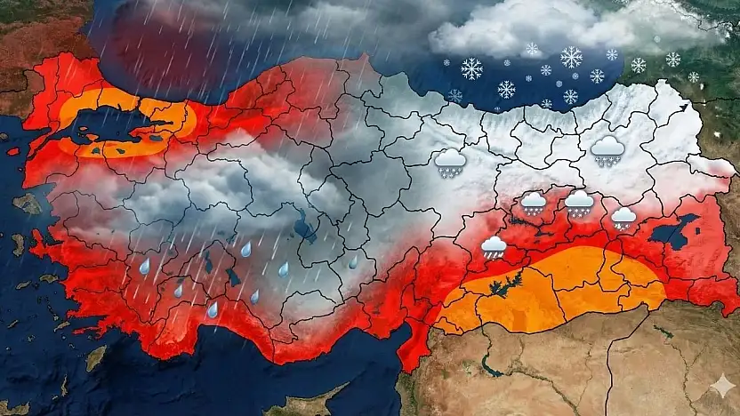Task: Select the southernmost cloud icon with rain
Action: point(493,247)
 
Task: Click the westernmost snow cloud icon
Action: point(450,162)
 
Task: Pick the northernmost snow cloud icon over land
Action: point(607,150)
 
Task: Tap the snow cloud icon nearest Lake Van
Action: point(623,218)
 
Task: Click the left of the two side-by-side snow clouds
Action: point(533,204)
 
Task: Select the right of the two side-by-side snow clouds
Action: point(578,204)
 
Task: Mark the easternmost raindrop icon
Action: point(352,263)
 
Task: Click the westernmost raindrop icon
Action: point(144,266)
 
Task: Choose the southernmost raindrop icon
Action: point(213,309)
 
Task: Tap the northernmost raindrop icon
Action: point(245,251)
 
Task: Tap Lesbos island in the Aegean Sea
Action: point(28,204)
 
